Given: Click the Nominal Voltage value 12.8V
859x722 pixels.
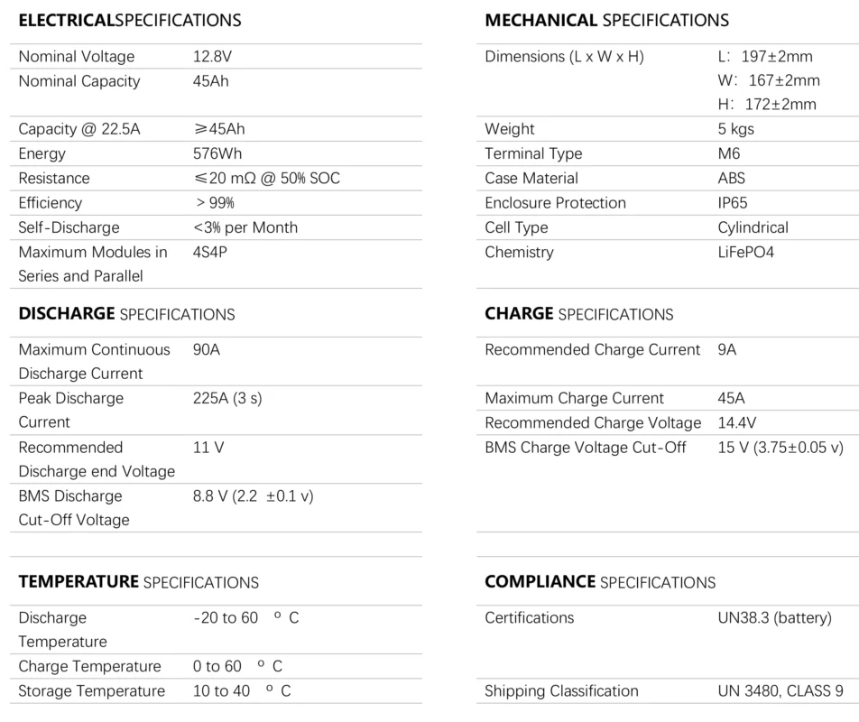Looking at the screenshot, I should (212, 57).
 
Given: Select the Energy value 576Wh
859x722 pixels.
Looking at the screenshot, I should (217, 154).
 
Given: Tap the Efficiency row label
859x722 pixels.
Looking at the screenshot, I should (51, 203).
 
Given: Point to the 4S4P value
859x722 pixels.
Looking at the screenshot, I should (210, 252).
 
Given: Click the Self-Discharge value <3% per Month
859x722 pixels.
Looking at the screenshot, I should (245, 227).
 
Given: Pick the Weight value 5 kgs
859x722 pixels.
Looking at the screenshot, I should (736, 129).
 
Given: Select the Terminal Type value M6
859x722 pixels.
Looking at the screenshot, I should (729, 154).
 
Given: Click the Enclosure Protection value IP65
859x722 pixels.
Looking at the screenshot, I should (733, 203).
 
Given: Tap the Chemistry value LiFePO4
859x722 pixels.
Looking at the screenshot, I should (746, 252).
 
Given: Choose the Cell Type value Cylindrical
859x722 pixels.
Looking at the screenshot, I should (753, 227).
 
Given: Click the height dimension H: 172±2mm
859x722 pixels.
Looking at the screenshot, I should (767, 105).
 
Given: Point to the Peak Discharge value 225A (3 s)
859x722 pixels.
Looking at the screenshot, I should (227, 398).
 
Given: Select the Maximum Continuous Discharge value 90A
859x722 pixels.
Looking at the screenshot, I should (207, 349).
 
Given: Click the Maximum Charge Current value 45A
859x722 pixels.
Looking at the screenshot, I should (732, 398).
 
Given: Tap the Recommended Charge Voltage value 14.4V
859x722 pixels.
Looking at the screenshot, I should (737, 422).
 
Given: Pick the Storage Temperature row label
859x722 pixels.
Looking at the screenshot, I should (92, 691).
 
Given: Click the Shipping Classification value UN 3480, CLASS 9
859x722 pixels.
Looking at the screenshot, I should (780, 691).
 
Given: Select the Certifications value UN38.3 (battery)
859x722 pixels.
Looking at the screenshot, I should (775, 618).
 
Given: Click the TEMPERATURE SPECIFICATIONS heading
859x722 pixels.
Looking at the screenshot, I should (139, 582).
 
